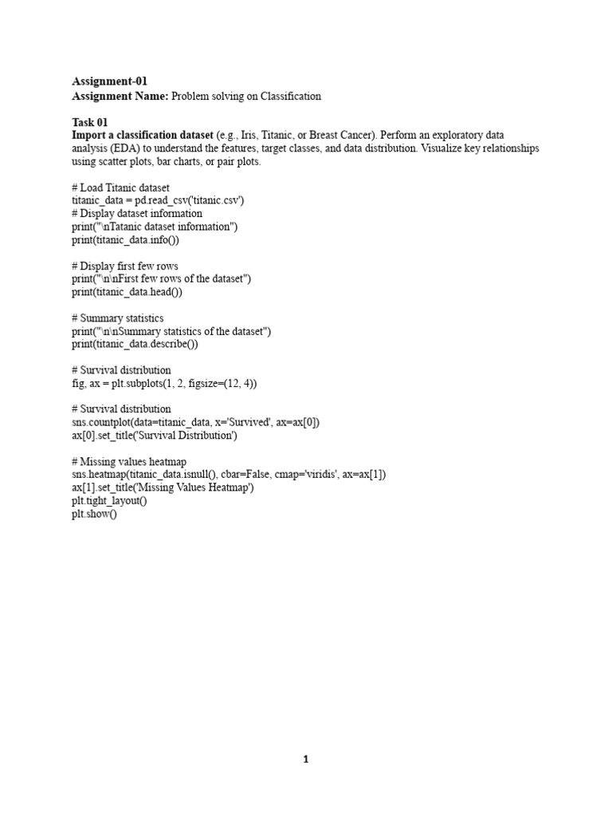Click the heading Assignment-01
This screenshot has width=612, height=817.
[x=109, y=81]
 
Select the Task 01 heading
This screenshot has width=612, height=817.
[x=89, y=122]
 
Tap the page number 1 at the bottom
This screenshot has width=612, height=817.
[x=305, y=760]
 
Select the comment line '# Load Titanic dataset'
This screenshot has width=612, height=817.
[x=120, y=187]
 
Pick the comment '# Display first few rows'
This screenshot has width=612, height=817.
[x=125, y=266]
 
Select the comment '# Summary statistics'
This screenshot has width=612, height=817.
[x=118, y=318]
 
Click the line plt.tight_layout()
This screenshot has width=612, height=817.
[x=109, y=501]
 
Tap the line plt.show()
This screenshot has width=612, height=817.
[x=94, y=514]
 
